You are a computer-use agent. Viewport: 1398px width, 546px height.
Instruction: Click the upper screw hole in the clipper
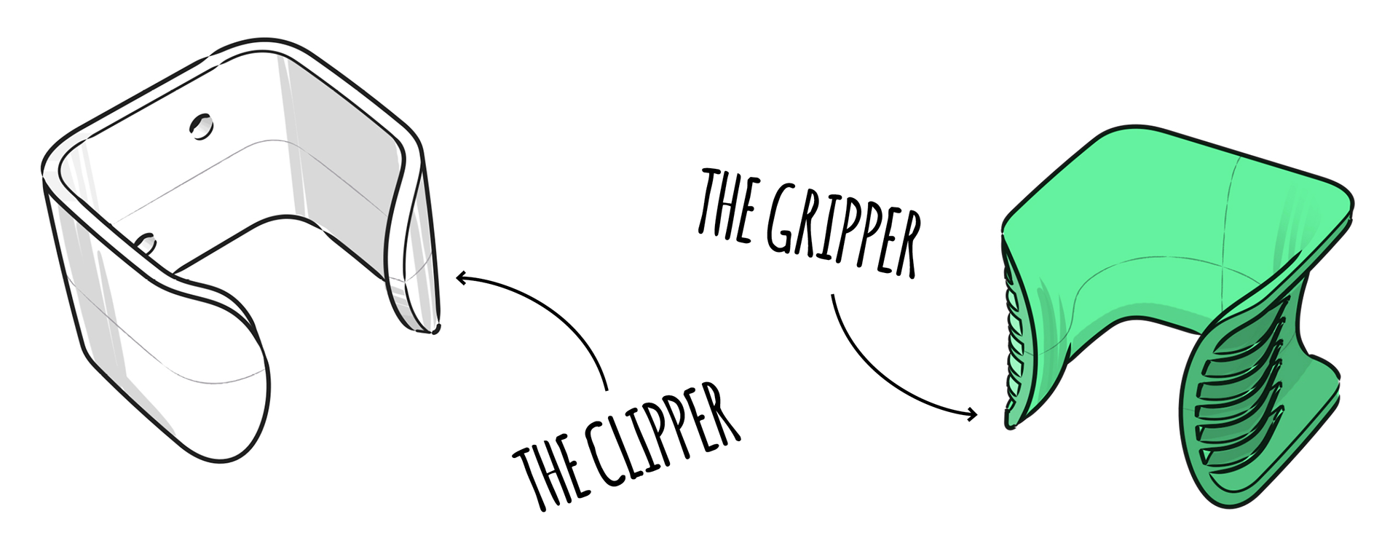[201, 126]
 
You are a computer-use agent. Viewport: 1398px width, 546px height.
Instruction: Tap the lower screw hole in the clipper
[146, 243]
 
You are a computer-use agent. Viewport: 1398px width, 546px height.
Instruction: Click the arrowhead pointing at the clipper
[460, 277]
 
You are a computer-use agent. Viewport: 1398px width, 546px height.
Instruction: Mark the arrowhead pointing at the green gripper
[972, 415]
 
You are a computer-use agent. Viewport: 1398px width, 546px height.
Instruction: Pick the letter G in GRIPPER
[782, 218]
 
